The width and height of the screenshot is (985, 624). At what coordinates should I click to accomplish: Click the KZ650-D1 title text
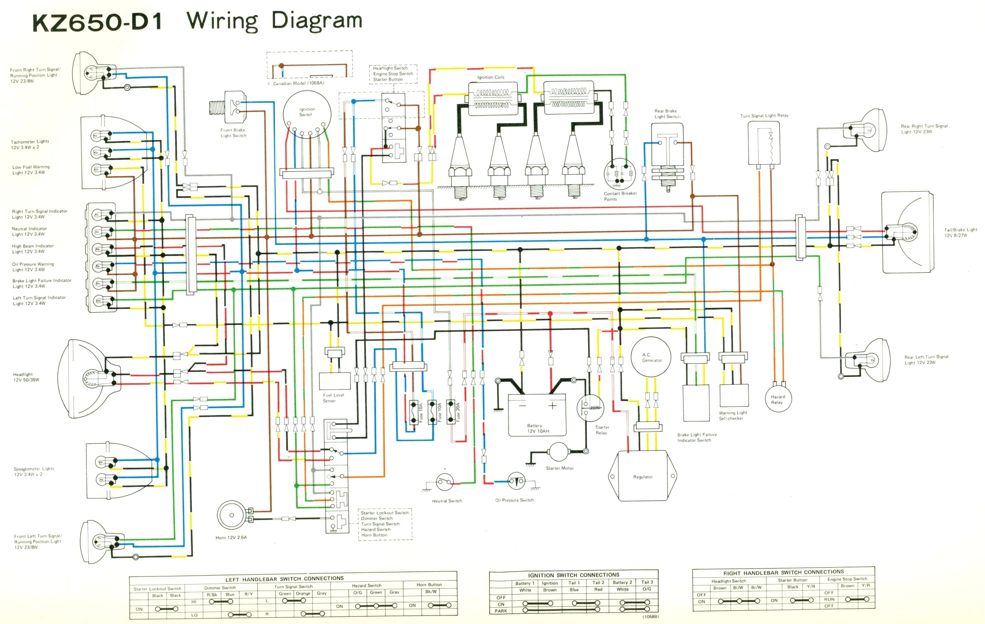(98, 23)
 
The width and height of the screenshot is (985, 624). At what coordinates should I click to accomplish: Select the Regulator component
(643, 476)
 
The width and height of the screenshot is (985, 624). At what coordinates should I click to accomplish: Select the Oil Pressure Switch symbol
(516, 481)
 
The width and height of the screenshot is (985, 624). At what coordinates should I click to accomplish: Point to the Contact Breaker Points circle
(619, 173)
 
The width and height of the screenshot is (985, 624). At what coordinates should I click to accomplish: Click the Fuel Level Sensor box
(335, 381)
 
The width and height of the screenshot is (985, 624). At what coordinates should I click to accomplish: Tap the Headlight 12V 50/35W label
(26, 377)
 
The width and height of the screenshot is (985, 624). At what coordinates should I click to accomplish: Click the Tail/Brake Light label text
(960, 232)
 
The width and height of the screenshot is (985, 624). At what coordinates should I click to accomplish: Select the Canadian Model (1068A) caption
(299, 83)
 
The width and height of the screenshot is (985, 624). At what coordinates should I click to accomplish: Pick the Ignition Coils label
(491, 77)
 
